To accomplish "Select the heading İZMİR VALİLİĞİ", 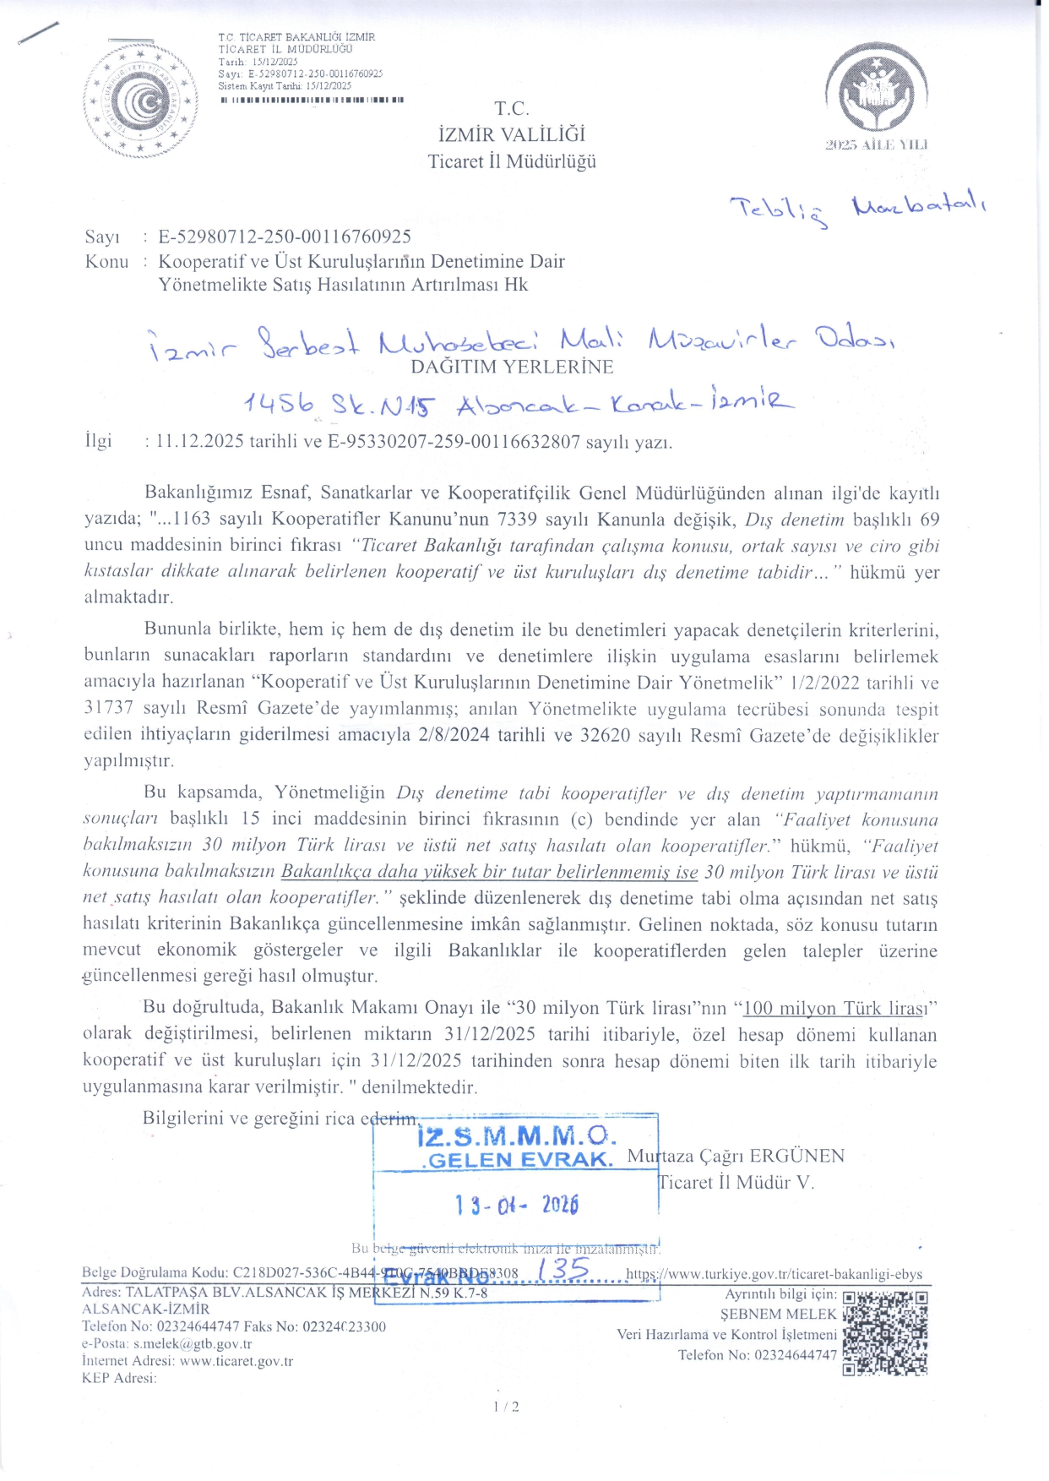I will (x=512, y=135).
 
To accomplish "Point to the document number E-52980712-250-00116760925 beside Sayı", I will (x=285, y=237).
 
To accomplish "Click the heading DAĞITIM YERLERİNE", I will (x=512, y=368).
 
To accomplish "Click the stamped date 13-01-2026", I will (x=516, y=1205).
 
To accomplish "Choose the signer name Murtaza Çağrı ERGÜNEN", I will (x=736, y=1157).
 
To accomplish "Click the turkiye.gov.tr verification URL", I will (x=774, y=1274).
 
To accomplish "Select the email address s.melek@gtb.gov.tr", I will (x=193, y=1344).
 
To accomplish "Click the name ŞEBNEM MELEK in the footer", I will (x=778, y=1315).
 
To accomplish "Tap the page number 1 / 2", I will (x=506, y=1407).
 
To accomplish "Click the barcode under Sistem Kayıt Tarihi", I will (x=312, y=100).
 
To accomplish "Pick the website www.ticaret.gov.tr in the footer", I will (x=236, y=1361).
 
